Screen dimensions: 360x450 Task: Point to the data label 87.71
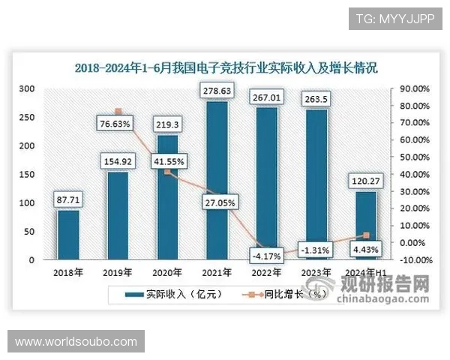click(68, 200)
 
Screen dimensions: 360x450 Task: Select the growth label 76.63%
click(118, 123)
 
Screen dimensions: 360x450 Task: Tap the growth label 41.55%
click(169, 160)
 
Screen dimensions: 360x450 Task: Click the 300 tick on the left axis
click(27, 88)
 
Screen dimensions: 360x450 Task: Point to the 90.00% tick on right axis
click(412, 88)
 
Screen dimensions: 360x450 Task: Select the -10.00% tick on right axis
click(412, 260)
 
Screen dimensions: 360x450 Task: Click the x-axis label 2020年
click(169, 272)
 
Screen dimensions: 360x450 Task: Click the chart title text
click(226, 67)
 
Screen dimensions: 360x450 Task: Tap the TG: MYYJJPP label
click(395, 17)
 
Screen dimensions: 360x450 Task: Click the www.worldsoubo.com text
click(76, 342)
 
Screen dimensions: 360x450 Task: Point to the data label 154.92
click(118, 160)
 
